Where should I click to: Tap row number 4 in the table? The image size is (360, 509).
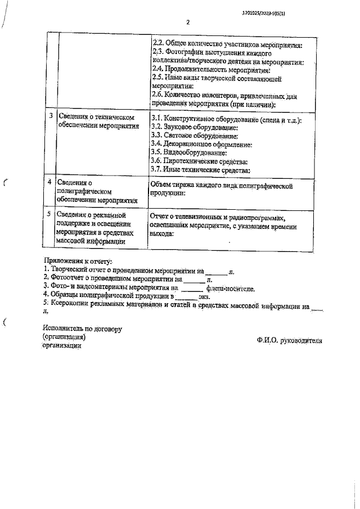tap(51, 182)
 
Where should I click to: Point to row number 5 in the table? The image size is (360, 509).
tap(51, 214)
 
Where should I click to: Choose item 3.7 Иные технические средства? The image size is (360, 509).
tap(200, 169)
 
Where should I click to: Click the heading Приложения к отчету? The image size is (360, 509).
tap(78, 262)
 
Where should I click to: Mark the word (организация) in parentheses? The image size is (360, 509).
tap(64, 337)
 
